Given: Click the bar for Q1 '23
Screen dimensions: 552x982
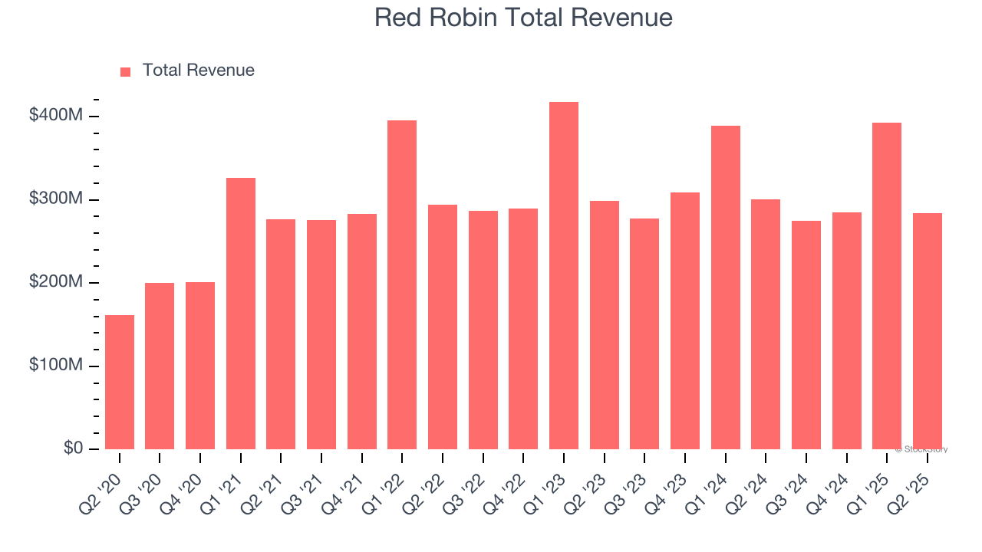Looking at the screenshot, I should (x=564, y=276).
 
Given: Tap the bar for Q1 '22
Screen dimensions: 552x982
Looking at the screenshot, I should (x=402, y=284).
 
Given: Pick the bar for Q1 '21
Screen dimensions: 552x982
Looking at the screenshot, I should (x=241, y=314).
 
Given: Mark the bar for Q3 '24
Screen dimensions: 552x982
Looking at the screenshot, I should (x=806, y=335).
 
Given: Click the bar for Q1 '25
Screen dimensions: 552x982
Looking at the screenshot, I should (x=887, y=286).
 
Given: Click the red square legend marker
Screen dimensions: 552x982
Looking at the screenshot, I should (x=126, y=71).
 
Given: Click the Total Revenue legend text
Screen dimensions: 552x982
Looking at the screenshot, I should (x=198, y=71).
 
